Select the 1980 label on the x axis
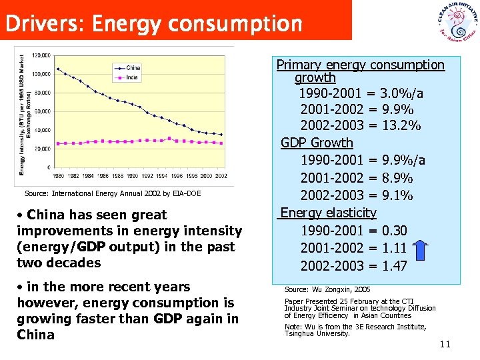coord(58,175)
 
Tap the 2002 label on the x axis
coord(221,175)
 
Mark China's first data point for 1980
coord(58,69)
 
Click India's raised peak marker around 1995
coord(169,138)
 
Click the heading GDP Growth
coord(317,143)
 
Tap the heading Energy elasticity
coord(328,213)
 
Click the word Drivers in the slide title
coord(43,24)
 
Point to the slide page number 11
coord(445,344)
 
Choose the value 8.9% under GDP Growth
coord(398,178)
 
